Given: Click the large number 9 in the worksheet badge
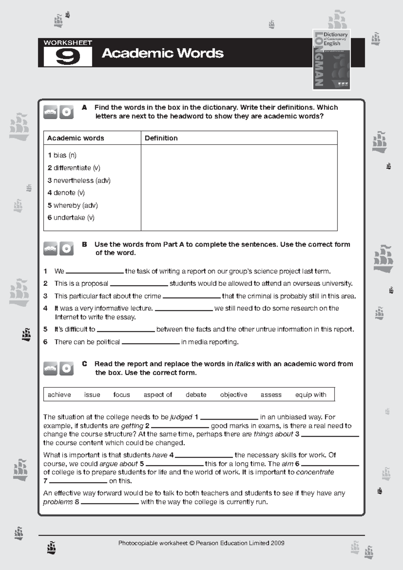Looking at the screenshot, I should (x=68, y=57).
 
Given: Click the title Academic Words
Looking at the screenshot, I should (x=163, y=53).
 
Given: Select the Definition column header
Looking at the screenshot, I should (x=161, y=138).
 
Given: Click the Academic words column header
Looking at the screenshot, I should (x=76, y=138).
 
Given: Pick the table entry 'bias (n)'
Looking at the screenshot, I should (x=62, y=155).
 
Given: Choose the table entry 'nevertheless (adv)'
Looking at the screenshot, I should (x=79, y=180).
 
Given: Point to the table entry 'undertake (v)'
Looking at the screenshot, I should (x=71, y=218).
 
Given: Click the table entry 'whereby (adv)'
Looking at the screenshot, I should (x=73, y=205).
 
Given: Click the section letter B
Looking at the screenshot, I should (x=85, y=244).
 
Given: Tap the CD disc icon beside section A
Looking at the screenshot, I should (x=66, y=112).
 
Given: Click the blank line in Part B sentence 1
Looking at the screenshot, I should (x=94, y=272).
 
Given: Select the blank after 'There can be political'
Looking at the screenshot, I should (x=151, y=342).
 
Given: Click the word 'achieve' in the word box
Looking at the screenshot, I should (x=59, y=395).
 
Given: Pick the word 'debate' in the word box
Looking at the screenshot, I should (x=196, y=395).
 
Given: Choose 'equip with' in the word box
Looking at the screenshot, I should (x=311, y=395).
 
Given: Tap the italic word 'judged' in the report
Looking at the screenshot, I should (x=181, y=417).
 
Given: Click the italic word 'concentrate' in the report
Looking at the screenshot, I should (x=315, y=472).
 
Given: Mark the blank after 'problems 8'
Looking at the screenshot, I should (x=110, y=502).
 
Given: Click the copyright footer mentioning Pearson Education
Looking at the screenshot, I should (x=201, y=543).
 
